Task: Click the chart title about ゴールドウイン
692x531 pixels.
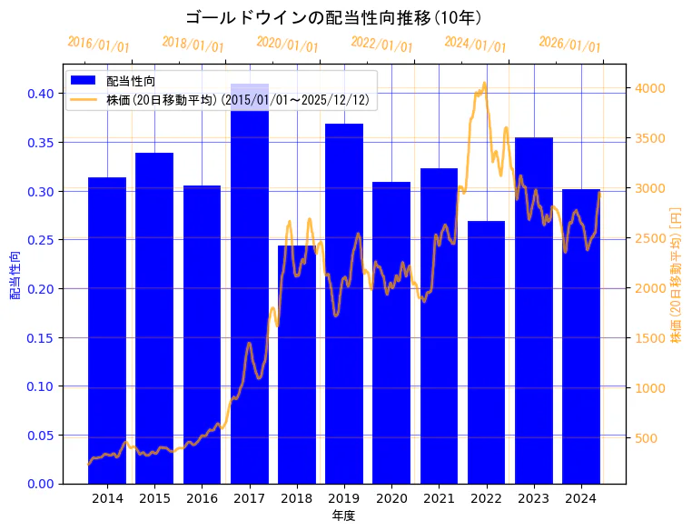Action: (x=333, y=17)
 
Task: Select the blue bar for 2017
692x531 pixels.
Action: (x=249, y=291)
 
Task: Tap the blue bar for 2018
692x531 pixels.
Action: (x=296, y=364)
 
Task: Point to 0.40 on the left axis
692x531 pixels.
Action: (x=41, y=94)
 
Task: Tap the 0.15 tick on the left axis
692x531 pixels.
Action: (x=41, y=337)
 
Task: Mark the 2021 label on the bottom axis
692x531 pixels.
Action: (x=439, y=498)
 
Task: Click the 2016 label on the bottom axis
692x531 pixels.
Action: (x=202, y=498)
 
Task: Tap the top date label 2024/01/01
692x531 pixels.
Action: (x=475, y=45)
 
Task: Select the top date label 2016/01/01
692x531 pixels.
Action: (x=98, y=45)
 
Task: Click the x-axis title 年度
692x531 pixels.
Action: (x=343, y=516)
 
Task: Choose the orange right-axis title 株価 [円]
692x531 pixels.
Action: (x=676, y=274)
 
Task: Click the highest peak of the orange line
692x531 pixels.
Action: (x=484, y=84)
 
